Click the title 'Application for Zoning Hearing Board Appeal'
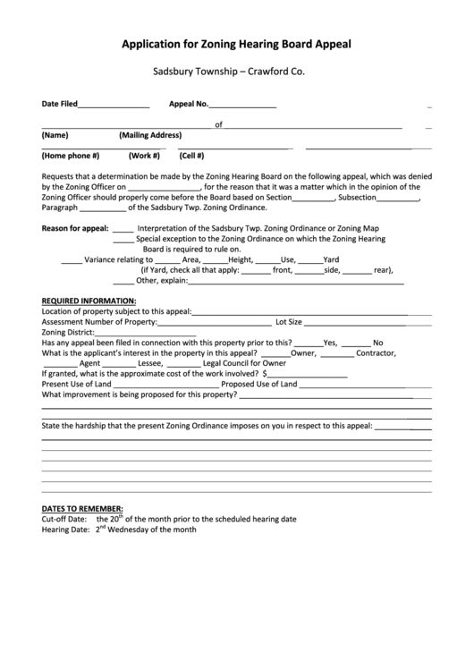[x=236, y=42]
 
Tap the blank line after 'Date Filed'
[x=114, y=106]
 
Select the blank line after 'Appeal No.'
[x=242, y=106]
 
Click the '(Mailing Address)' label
[x=150, y=136]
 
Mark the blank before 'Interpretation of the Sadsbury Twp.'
[x=123, y=229]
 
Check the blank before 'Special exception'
[x=123, y=240]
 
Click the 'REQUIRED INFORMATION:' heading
[x=89, y=301]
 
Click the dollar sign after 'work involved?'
[x=265, y=374]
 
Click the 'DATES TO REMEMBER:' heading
[x=82, y=508]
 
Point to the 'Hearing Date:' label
[x=64, y=530]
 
